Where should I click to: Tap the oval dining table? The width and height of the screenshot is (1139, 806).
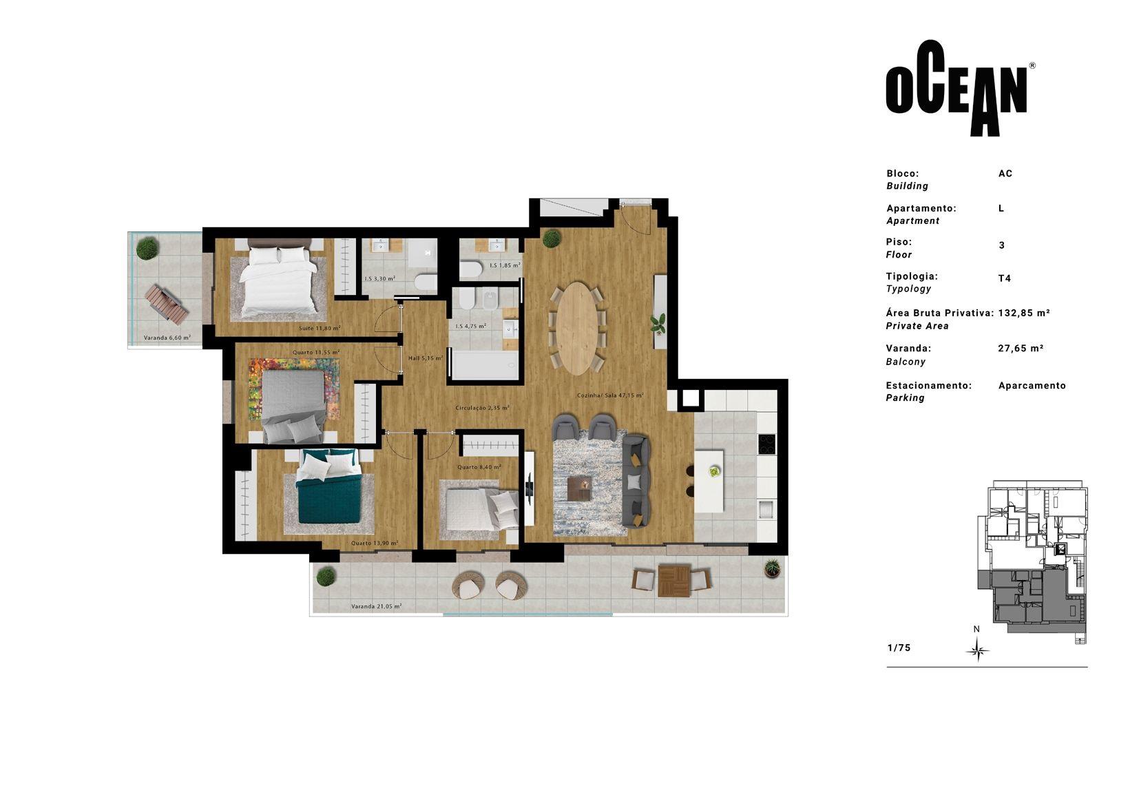click(x=576, y=329)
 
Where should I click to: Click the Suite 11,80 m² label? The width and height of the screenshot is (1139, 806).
click(x=320, y=328)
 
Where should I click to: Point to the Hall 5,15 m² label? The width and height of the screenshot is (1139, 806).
click(x=425, y=358)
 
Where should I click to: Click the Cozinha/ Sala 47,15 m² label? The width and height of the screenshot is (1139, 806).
click(x=610, y=395)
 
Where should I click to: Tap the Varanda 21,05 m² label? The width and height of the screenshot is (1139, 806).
click(x=376, y=606)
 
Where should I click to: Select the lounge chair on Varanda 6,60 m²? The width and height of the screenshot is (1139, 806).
click(x=166, y=304)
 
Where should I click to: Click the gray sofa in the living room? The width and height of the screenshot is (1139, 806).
click(x=636, y=481)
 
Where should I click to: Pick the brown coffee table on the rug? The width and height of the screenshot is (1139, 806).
click(x=580, y=488)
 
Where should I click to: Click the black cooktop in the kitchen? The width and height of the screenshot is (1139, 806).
click(x=766, y=444)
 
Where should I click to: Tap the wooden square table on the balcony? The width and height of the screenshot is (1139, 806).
click(x=673, y=580)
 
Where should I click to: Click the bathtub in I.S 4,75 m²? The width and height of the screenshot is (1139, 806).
click(x=484, y=366)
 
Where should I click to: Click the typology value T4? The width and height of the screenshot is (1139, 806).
click(x=1004, y=278)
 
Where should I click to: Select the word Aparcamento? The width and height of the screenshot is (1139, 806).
click(x=1032, y=386)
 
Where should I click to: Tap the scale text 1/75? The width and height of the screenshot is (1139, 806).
click(x=899, y=648)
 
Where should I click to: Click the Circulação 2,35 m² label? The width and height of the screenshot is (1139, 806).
click(x=482, y=407)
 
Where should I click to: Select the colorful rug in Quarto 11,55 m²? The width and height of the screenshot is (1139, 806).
click(x=294, y=389)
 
